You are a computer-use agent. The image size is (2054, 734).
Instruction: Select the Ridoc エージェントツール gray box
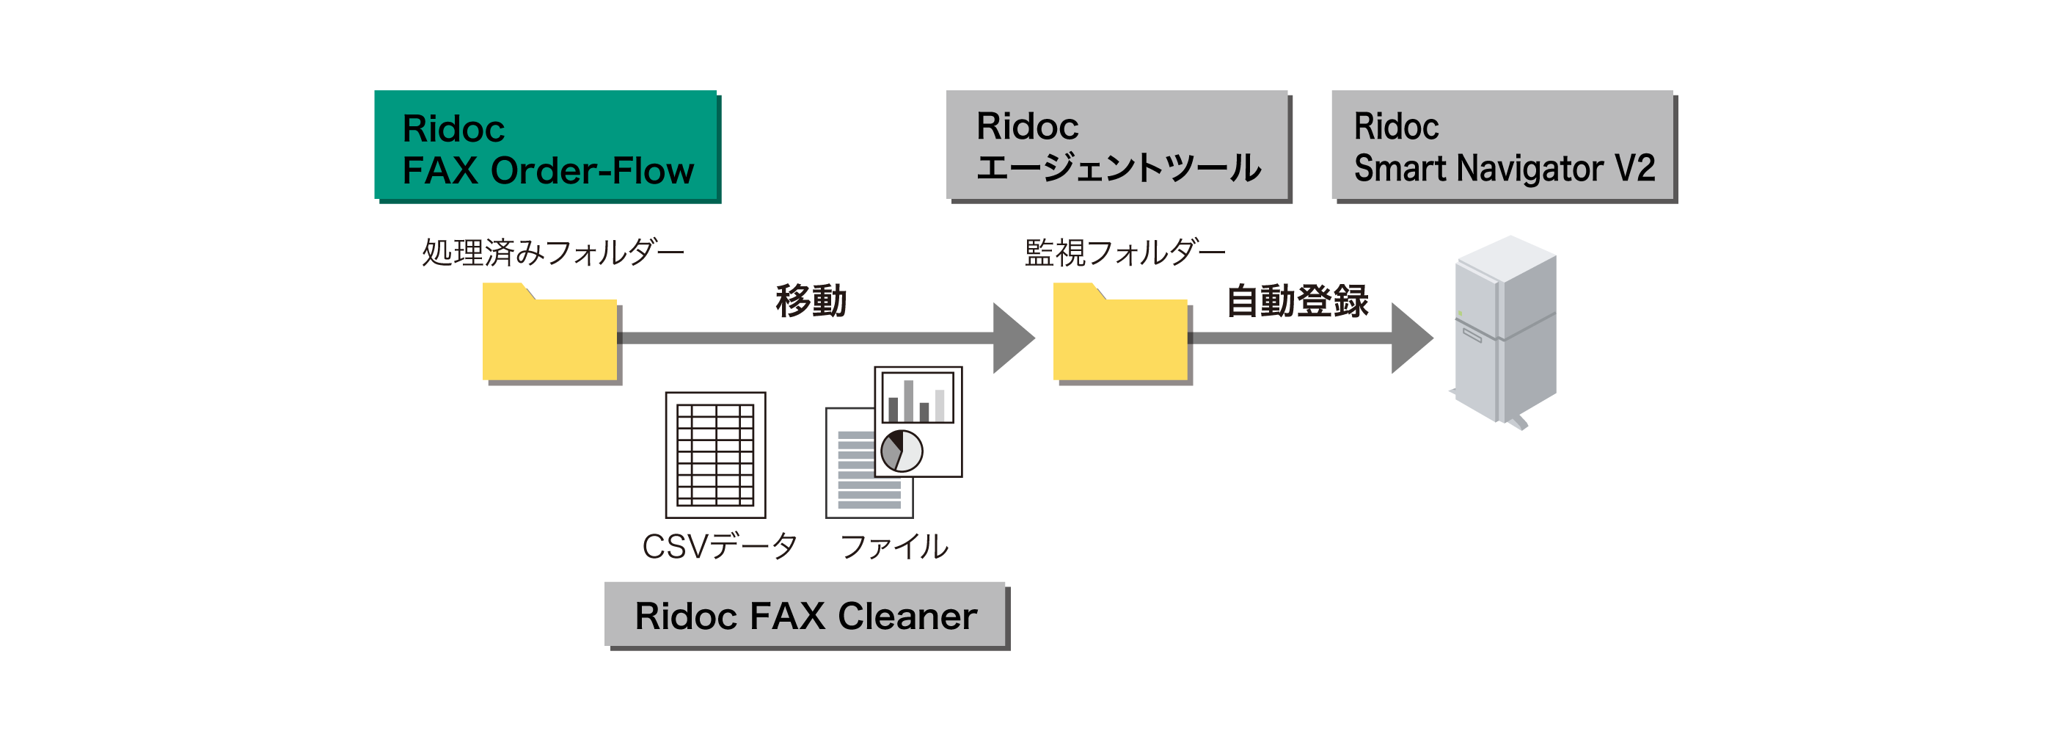pos(1116,146)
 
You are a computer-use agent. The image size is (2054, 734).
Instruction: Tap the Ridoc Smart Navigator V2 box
pos(1503,146)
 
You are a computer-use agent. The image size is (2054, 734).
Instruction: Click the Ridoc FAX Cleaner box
pos(805,615)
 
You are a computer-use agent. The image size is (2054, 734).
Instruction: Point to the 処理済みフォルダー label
pos(552,253)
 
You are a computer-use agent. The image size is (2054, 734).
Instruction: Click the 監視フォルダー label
pos(1125,253)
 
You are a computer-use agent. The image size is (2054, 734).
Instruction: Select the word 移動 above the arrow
pos(811,301)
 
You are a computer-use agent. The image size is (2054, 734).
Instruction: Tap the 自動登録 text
pos(1297,301)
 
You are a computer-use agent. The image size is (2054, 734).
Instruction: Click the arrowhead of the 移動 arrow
pos(1011,338)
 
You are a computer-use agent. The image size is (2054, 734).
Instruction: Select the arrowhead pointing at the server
pos(1410,338)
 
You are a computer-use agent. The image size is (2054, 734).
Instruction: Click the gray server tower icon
pos(1505,331)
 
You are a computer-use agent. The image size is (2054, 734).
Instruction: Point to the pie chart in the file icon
pos(902,451)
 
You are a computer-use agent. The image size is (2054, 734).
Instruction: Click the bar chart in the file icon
pos(917,398)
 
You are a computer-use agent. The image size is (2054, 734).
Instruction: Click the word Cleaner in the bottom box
pos(907,615)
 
